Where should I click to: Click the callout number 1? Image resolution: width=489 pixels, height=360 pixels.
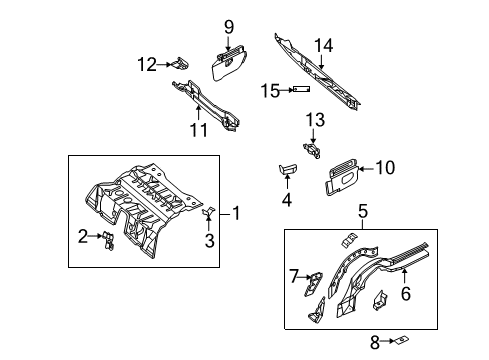click(x=236, y=212)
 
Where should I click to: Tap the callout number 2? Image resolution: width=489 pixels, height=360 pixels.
click(x=83, y=236)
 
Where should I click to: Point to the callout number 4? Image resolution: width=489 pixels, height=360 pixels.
click(x=286, y=199)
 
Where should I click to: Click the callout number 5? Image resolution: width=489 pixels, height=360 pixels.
click(x=364, y=212)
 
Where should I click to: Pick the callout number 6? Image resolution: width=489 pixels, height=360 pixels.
click(x=405, y=293)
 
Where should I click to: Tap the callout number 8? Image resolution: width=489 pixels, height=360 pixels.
click(x=374, y=342)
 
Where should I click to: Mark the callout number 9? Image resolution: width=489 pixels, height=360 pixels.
click(x=228, y=26)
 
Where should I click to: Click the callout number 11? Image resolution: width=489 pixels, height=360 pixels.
click(x=198, y=130)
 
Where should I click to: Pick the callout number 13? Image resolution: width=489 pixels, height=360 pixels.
click(x=315, y=120)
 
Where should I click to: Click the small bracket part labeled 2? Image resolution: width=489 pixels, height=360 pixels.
click(x=105, y=238)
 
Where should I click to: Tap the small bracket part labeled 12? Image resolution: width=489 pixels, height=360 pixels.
click(x=177, y=64)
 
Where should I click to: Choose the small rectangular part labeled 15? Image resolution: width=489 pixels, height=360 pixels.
click(x=296, y=90)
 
